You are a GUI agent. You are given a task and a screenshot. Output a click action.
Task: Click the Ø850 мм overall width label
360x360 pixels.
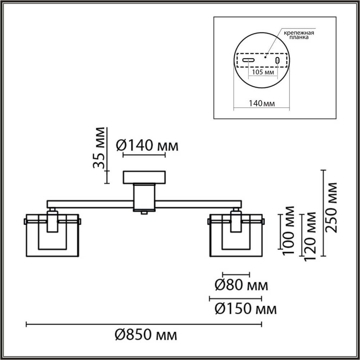(146, 336)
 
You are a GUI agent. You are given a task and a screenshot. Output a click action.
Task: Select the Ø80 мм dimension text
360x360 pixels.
(241, 286)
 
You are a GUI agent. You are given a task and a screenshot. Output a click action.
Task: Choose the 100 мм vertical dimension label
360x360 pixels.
(288, 230)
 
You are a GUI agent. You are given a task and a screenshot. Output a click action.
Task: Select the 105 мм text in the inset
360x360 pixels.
(262, 73)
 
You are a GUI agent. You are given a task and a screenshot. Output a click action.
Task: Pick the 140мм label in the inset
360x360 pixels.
(262, 103)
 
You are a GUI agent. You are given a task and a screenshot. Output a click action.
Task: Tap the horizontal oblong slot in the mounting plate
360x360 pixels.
(248, 60)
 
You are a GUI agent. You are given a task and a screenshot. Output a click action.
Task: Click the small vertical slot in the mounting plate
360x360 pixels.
(277, 60)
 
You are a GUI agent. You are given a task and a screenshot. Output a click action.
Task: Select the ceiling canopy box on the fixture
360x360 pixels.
(144, 177)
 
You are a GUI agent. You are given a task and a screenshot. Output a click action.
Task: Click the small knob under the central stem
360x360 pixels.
(144, 213)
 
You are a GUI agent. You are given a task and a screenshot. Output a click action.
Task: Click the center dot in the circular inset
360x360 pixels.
(265, 56)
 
